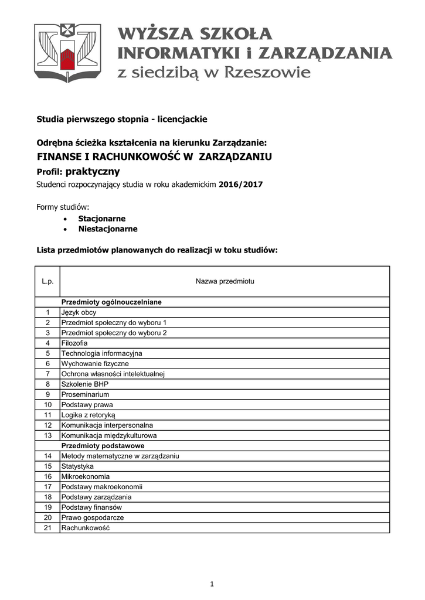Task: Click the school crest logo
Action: click(x=67, y=52)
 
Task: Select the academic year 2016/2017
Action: click(x=241, y=185)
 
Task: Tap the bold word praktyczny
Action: click(x=93, y=172)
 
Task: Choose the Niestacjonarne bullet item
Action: click(x=108, y=229)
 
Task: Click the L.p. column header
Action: click(x=47, y=282)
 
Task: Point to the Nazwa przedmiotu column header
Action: click(x=225, y=282)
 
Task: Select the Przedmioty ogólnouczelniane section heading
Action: click(x=111, y=302)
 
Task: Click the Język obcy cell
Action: click(x=79, y=312)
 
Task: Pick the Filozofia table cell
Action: click(x=74, y=343)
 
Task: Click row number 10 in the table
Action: click(x=48, y=404)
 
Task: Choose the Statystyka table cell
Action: click(x=77, y=466)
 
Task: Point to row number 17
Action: click(x=48, y=486)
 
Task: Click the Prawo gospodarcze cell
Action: click(x=93, y=517)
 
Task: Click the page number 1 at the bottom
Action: click(x=212, y=584)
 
